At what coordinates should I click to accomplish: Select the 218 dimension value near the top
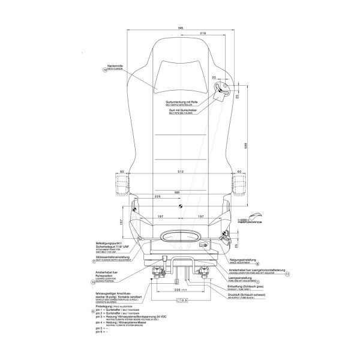tap(203, 33)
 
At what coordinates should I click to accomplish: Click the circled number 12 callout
tap(105, 70)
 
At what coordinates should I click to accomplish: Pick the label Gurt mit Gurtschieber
tap(184, 111)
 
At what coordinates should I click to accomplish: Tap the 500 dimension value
tap(177, 192)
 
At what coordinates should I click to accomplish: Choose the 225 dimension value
tap(157, 196)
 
